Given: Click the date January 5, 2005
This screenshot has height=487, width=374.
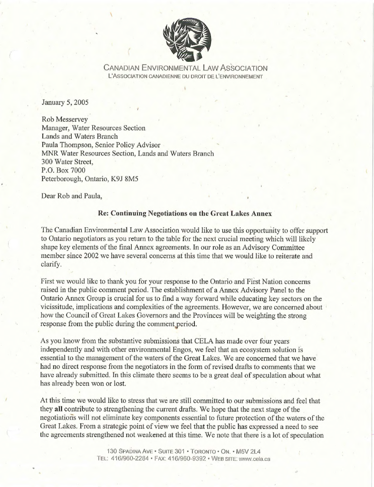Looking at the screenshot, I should pos(65,102).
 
